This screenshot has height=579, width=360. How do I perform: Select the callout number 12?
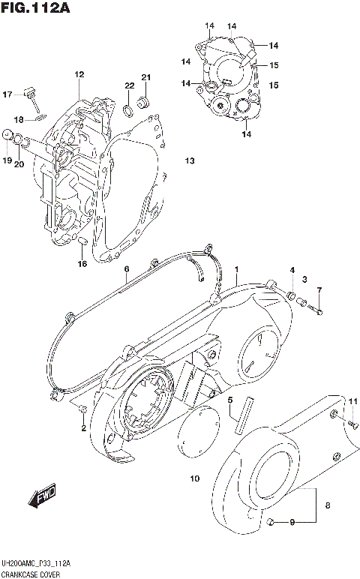(79, 74)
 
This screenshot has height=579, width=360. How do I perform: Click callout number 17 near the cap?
(7, 94)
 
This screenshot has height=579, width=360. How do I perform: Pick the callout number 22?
(129, 85)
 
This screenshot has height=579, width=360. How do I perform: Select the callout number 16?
(82, 263)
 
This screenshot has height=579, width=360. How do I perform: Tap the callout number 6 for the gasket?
(127, 268)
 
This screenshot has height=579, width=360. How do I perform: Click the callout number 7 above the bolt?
(319, 290)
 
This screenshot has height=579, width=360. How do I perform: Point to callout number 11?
(352, 402)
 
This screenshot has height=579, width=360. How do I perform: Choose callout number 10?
(194, 478)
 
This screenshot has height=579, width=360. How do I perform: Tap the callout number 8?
(326, 505)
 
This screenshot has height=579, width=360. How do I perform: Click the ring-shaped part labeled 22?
(129, 112)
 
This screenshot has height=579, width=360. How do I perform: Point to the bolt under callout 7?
(318, 307)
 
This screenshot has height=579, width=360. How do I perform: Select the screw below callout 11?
(350, 423)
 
